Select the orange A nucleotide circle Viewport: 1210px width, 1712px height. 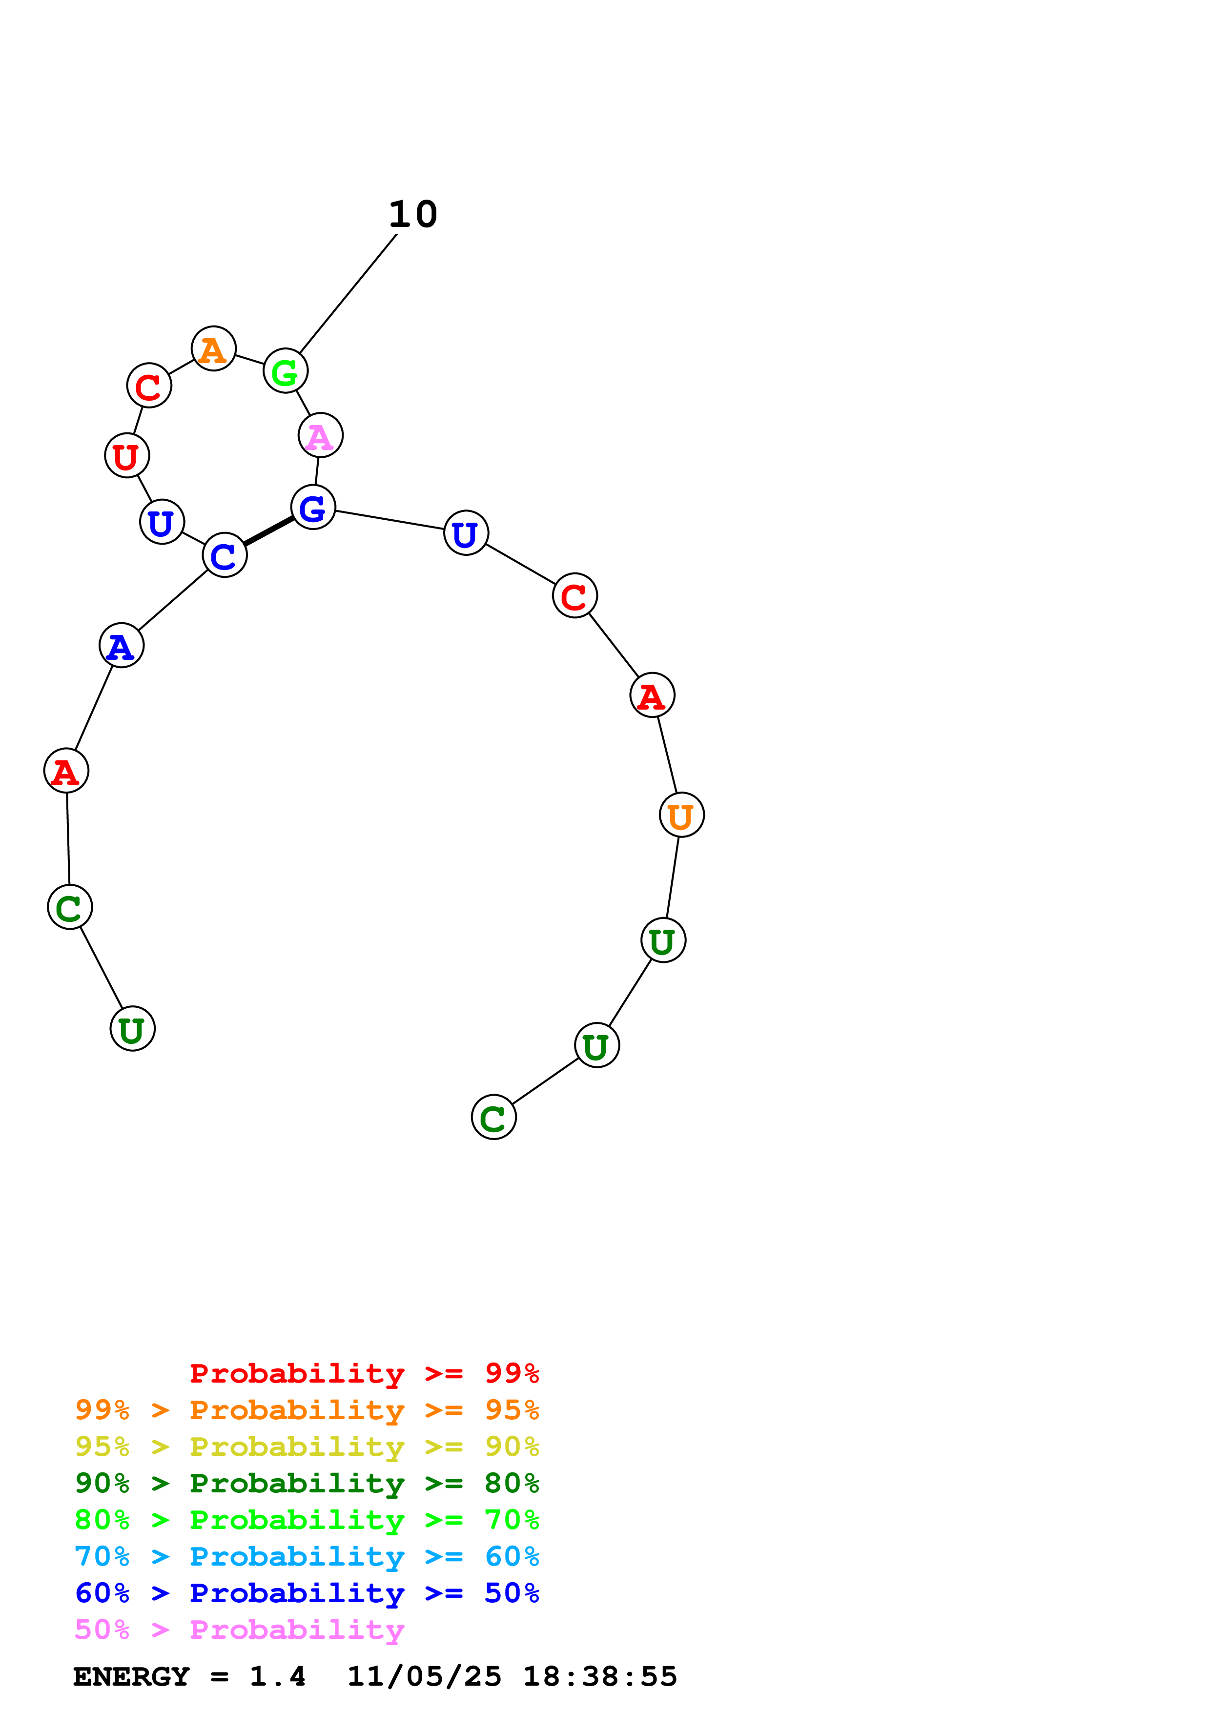click(x=214, y=348)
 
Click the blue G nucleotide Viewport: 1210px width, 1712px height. click(x=313, y=507)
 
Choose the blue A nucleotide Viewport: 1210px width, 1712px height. click(x=122, y=645)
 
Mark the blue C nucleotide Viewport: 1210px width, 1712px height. click(x=225, y=555)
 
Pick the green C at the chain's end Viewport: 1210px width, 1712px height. click(x=493, y=1117)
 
